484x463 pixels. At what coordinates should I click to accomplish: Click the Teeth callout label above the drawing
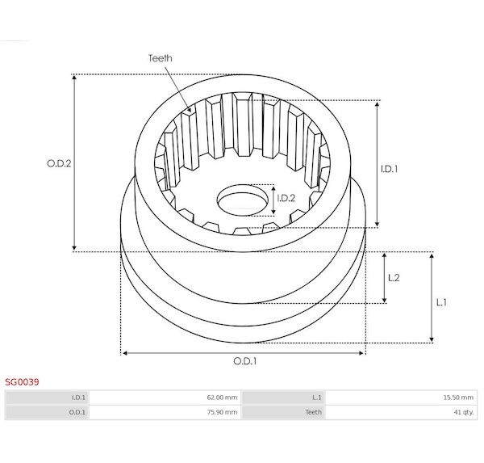coord(161,58)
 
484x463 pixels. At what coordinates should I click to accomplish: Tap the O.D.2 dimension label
coord(59,163)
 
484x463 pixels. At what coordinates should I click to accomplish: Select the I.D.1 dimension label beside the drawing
coord(389,169)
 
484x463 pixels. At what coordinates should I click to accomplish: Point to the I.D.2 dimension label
coord(286,198)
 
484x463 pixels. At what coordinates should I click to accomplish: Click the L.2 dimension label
coord(394,278)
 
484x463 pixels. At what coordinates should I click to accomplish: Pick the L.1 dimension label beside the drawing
coord(441,302)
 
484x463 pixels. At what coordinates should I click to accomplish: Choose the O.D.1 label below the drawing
coord(244,361)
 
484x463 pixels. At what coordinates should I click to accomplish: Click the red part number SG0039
coord(22,382)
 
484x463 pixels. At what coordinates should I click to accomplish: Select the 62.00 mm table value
coord(222,398)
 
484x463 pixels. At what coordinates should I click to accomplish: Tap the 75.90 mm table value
coord(222,412)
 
